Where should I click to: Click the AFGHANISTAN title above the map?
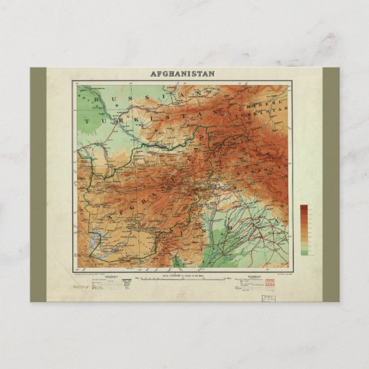pyautogui.click(x=182, y=73)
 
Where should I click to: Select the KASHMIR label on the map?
pyautogui.click(x=261, y=167)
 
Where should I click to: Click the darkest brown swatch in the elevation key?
pyautogui.click(x=304, y=208)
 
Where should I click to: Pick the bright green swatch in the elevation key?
pyautogui.click(x=304, y=251)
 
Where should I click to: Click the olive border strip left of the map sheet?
pyautogui.click(x=38, y=184)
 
